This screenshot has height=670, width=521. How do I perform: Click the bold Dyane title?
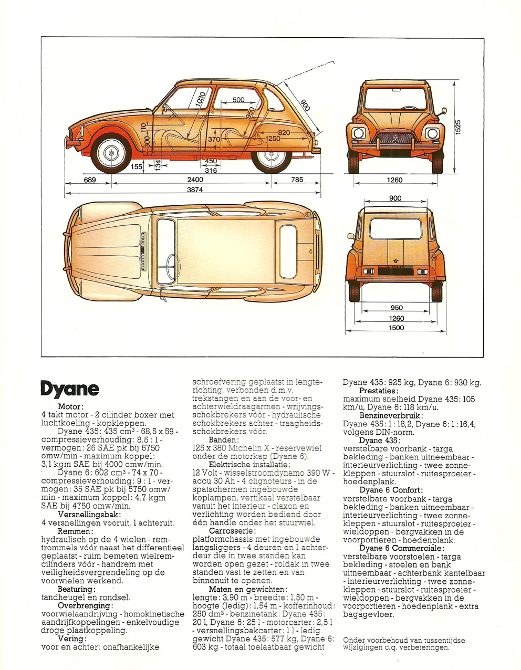tap(70, 389)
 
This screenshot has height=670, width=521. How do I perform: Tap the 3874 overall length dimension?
tap(195, 190)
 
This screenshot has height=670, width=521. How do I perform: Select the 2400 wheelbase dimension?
tap(195, 180)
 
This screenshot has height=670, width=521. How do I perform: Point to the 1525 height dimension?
tap(458, 127)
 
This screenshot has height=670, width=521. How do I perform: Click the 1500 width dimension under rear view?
tap(396, 328)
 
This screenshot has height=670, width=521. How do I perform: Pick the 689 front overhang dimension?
tap(90, 180)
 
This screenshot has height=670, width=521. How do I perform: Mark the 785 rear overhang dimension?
tap(297, 180)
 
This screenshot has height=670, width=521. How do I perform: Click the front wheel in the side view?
tap(111, 153)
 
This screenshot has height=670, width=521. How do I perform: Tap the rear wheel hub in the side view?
tap(272, 153)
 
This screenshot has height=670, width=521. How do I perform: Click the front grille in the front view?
tap(395, 139)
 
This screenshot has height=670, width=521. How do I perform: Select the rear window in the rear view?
tap(395, 228)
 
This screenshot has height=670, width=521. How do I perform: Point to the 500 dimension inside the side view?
tap(238, 100)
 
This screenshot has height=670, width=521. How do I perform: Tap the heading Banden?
tap(224, 439)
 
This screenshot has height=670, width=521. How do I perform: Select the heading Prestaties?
tap(379, 391)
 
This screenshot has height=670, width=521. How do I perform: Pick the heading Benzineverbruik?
tap(390, 416)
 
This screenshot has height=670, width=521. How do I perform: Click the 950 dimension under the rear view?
tap(397, 307)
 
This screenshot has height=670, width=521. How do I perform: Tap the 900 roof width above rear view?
tap(395, 198)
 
